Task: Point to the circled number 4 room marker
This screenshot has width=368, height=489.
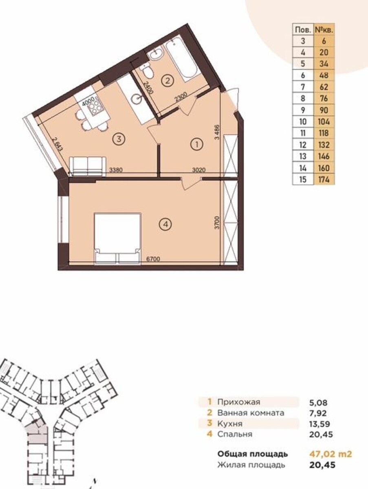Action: pos(165,224)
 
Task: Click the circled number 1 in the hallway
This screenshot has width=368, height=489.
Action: pos(197,145)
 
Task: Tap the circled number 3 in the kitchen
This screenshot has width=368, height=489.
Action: pos(119,139)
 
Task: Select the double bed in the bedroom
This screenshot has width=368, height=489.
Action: pos(118,239)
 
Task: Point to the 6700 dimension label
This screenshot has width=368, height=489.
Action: pos(153,259)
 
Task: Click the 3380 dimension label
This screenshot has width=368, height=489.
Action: pos(116,170)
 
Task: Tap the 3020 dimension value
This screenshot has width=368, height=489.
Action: pos(199,170)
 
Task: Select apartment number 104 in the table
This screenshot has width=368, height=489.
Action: pos(324,121)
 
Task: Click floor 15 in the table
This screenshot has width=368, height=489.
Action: pos(303,179)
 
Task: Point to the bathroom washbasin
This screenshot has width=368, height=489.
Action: pos(156,53)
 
